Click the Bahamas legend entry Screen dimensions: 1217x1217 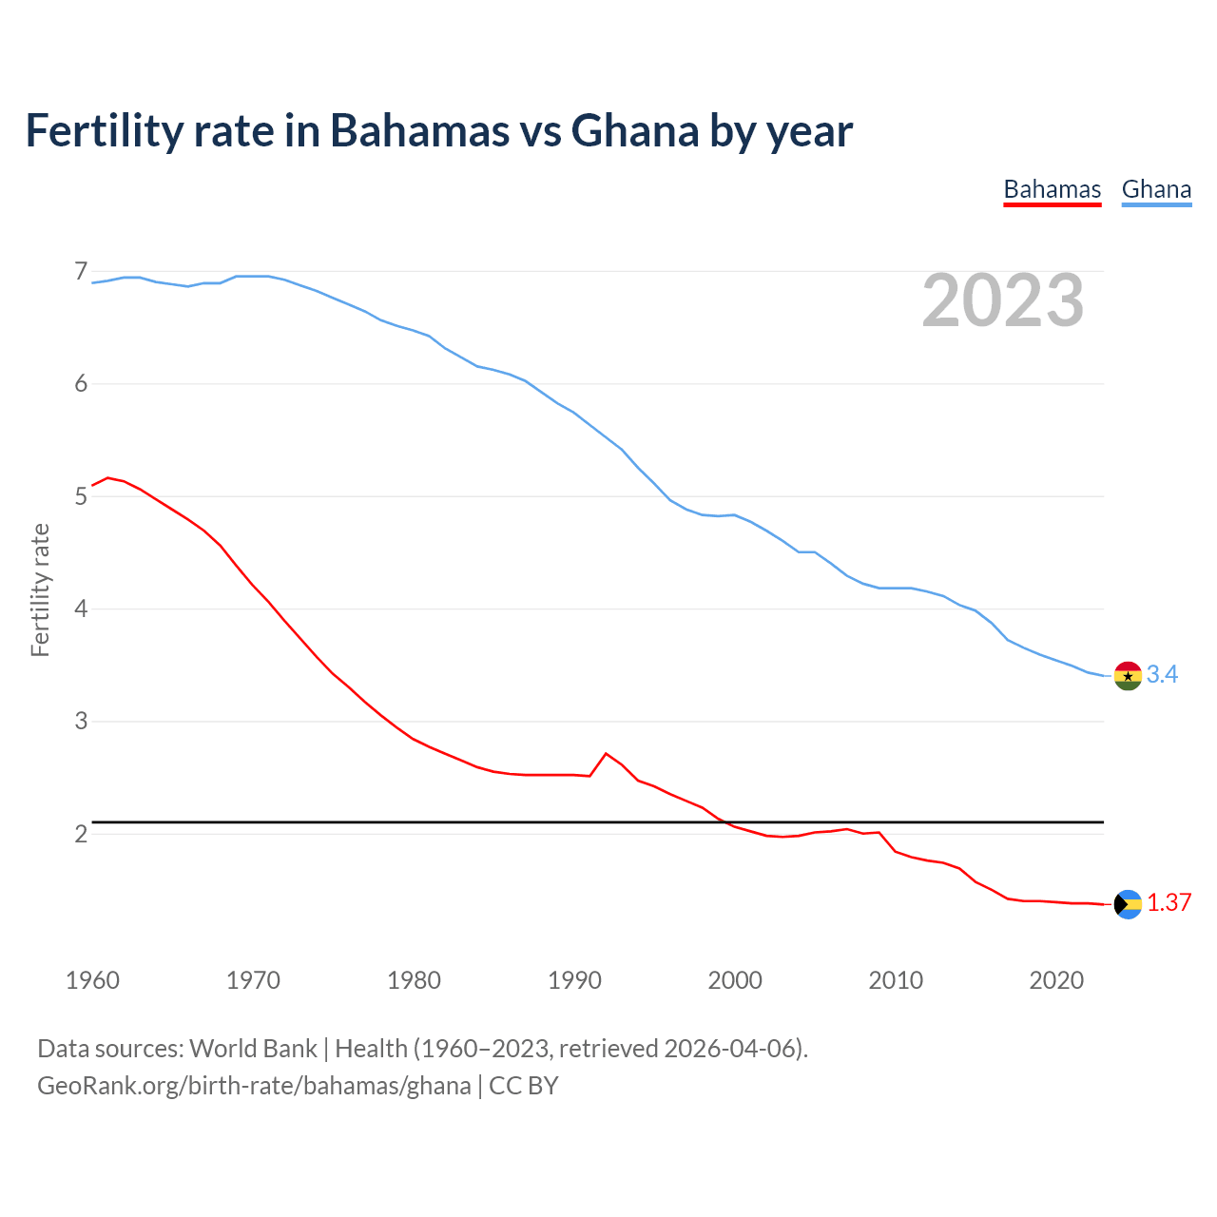(x=1052, y=189)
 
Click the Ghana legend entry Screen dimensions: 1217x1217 (x=1156, y=189)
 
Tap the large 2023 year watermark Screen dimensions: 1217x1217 (x=1003, y=301)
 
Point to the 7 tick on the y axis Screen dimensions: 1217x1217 (x=81, y=272)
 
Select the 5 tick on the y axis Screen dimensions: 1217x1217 (x=81, y=496)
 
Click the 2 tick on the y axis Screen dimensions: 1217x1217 (x=81, y=834)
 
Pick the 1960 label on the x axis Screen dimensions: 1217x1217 (x=92, y=980)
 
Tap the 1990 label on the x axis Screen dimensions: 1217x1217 (x=574, y=980)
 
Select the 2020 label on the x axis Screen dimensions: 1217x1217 (x=1056, y=980)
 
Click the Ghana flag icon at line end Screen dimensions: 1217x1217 (x=1128, y=676)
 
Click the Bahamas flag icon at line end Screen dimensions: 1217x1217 (x=1128, y=904)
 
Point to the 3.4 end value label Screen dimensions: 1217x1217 (x=1162, y=675)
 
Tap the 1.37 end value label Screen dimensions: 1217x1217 (x=1169, y=903)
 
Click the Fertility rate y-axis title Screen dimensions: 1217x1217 (x=40, y=589)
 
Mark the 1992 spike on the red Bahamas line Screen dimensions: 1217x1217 (x=606, y=754)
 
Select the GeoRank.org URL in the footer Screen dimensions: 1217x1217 (x=254, y=1086)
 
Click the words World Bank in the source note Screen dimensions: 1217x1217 (x=253, y=1049)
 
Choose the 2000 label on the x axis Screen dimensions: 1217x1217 (x=735, y=980)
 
